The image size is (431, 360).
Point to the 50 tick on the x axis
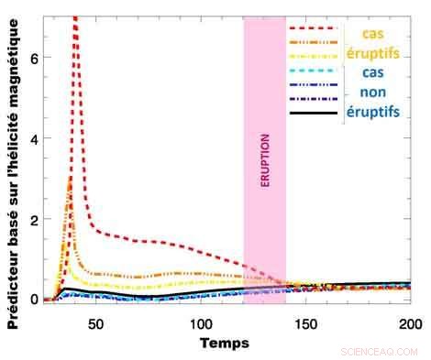(x=96, y=322)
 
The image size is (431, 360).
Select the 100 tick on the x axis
(x=201, y=322)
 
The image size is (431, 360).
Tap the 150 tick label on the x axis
(x=305, y=322)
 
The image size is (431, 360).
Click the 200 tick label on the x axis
(x=410, y=322)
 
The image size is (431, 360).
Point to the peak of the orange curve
(x=71, y=179)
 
